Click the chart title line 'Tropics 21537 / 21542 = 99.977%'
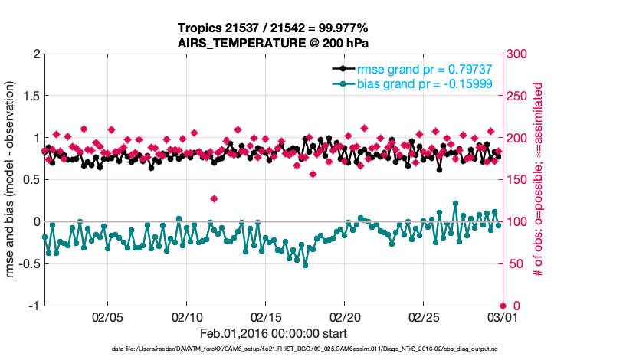click(x=273, y=28)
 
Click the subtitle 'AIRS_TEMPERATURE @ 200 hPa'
click(x=273, y=43)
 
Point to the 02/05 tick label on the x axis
click(x=108, y=316)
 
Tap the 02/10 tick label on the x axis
click(x=187, y=316)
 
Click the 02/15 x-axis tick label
click(x=265, y=316)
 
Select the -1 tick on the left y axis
click(x=33, y=306)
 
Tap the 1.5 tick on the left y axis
click(x=30, y=97)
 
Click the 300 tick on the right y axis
click(x=517, y=55)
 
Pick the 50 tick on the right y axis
click(x=514, y=264)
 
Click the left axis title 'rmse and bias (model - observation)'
click(x=13, y=180)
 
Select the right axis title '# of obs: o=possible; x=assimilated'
click(x=538, y=180)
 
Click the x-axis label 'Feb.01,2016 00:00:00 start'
click(x=273, y=334)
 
